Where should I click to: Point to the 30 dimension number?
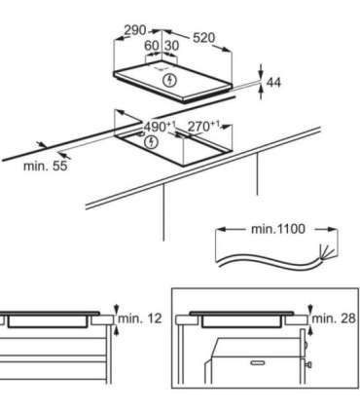tap(171, 46)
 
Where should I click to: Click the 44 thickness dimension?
tap(273, 84)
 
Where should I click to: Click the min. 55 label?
tap(45, 166)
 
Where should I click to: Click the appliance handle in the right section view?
tap(257, 363)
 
